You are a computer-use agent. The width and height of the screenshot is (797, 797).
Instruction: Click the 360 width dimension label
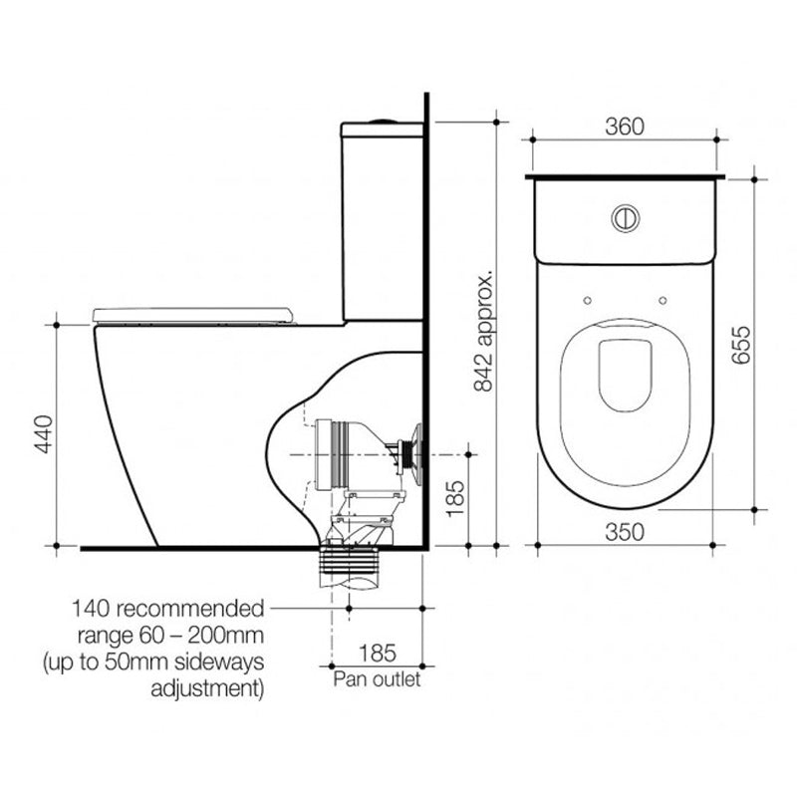pos(625,127)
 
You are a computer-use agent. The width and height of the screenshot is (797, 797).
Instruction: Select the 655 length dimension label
pos(738,345)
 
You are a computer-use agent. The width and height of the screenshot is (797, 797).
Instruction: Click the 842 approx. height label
pos(484,330)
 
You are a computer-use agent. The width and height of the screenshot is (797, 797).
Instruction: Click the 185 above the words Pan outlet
pos(377,654)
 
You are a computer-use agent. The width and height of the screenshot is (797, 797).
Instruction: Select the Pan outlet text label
pos(377,679)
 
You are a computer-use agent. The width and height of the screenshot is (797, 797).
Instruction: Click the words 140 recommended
pos(167,607)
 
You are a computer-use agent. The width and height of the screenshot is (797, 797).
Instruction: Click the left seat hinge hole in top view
pos(588,300)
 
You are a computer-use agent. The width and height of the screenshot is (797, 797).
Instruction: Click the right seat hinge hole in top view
pos(663,300)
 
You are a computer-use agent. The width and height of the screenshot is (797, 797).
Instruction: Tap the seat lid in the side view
pos(195,315)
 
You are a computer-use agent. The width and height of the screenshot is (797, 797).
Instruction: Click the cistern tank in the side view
pos(384,219)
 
